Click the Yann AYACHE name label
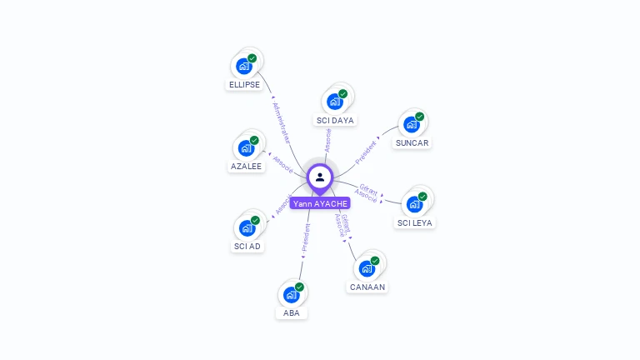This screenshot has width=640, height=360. [x=320, y=202]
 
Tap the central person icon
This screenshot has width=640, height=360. [x=320, y=177]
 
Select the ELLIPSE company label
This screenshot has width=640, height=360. [x=244, y=84]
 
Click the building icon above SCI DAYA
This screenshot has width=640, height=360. [x=334, y=102]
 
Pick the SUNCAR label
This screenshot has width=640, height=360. [x=412, y=142]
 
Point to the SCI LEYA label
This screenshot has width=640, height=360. [x=415, y=222]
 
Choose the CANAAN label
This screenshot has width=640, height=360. [x=367, y=287]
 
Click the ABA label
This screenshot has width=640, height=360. [x=291, y=313]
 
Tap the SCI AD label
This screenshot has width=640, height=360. [x=247, y=246]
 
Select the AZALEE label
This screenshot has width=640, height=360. [x=246, y=166]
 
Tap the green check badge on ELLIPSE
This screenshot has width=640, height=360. [x=252, y=58]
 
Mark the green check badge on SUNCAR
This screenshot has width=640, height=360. [x=420, y=117]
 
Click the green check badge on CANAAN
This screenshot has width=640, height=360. [x=375, y=261]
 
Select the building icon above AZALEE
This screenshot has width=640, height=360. [x=245, y=148]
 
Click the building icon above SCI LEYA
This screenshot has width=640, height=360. [x=414, y=203]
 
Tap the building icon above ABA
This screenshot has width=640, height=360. [x=291, y=294]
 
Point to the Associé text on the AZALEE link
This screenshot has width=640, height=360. [x=282, y=162]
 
